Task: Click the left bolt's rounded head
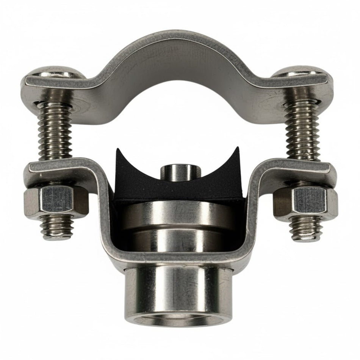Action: [57, 72]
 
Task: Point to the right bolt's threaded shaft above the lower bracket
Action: [301, 129]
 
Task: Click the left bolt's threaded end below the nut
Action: [57, 227]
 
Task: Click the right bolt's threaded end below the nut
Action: [306, 229]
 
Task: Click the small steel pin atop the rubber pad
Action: [180, 172]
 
